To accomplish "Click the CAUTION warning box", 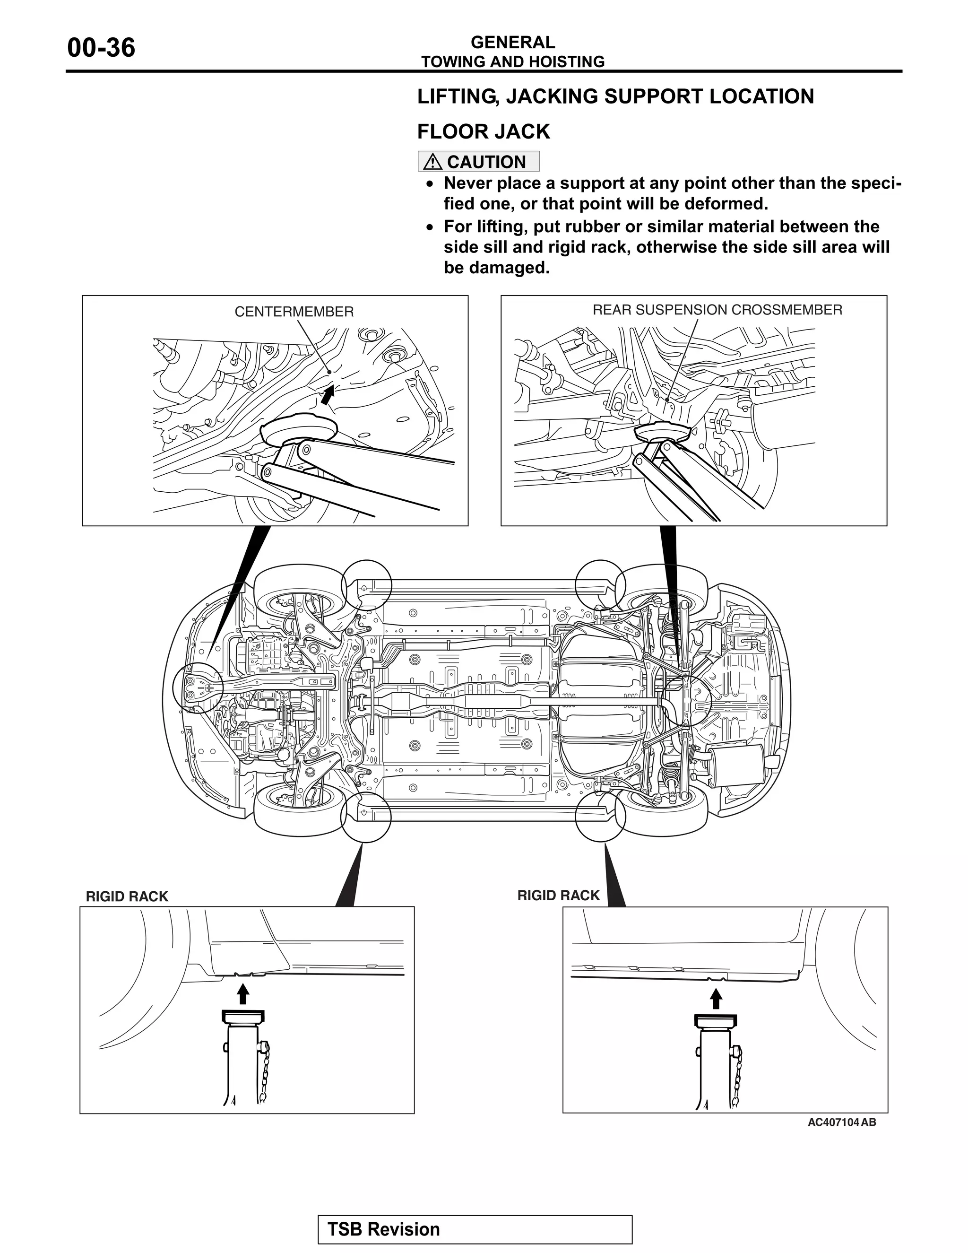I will click(478, 161).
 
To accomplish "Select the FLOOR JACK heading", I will click(483, 131).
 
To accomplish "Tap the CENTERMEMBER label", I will click(294, 312).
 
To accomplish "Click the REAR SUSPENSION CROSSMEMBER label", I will click(717, 310).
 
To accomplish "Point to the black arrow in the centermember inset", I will click(328, 395).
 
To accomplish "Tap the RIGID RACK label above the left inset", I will click(127, 896).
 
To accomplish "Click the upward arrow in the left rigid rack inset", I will click(243, 994).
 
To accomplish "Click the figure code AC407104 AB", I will click(841, 1138).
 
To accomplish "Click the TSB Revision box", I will click(475, 1229).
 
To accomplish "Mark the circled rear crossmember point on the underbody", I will click(686, 701).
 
